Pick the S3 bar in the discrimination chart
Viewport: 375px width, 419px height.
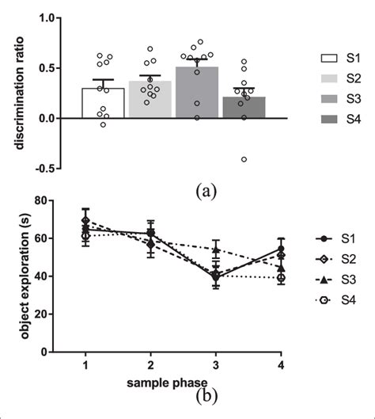pyautogui.click(x=191, y=93)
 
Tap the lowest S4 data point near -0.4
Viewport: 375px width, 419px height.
pyautogui.click(x=244, y=159)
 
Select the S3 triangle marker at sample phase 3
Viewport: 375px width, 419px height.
pyautogui.click(x=216, y=249)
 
